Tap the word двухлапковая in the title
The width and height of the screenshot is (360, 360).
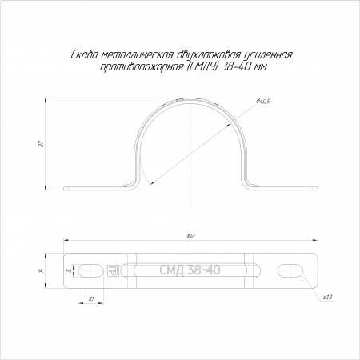pyautogui.click(x=209, y=55)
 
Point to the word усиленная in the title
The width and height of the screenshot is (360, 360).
pyautogui.click(x=268, y=55)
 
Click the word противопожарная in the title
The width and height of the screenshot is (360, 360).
pyautogui.click(x=141, y=67)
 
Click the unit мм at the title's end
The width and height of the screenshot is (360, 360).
pyautogui.click(x=261, y=68)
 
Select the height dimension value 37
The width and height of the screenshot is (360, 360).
pyautogui.click(x=41, y=144)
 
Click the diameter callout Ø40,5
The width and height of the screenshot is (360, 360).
pyautogui.click(x=263, y=101)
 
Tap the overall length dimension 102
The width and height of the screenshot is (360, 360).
pyautogui.click(x=191, y=236)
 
